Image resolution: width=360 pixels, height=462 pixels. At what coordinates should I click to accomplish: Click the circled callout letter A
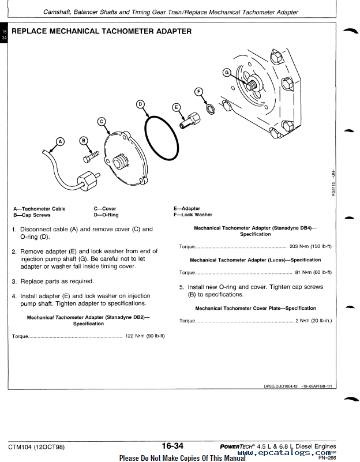(60, 140)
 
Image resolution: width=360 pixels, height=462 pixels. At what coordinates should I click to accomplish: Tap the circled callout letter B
(84, 141)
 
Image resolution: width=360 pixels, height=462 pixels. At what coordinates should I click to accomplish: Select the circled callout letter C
(102, 121)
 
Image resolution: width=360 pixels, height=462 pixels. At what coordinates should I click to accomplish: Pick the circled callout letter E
(177, 107)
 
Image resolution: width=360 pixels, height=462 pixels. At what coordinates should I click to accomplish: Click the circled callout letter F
(199, 92)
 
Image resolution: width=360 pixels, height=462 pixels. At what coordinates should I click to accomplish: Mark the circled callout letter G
(226, 72)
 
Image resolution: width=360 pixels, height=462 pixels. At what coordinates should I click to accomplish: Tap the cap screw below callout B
(92, 155)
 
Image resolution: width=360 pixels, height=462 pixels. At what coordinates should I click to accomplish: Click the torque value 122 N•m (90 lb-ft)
(145, 336)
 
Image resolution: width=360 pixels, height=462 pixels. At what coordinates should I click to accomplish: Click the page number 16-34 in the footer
(172, 446)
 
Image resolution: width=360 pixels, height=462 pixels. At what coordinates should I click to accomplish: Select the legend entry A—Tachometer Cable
(39, 209)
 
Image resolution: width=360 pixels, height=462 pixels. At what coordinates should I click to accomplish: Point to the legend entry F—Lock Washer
(193, 215)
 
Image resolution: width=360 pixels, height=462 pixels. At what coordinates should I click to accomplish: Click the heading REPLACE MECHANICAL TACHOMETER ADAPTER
(102, 31)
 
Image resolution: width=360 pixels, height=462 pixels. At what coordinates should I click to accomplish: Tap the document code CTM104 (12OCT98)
(36, 446)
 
